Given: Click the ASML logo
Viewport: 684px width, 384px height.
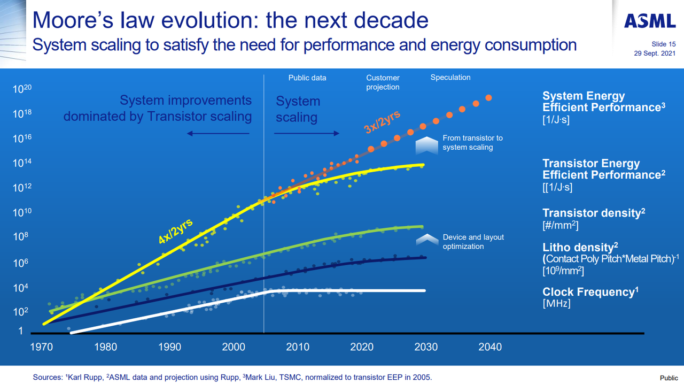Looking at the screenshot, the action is (x=650, y=21).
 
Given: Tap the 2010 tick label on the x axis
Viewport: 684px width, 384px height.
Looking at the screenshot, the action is (x=298, y=347).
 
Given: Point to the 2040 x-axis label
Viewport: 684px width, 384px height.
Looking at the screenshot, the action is (x=490, y=347).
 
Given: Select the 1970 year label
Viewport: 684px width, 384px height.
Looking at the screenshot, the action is (x=42, y=347).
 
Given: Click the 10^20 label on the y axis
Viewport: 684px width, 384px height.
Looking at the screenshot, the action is (x=22, y=89).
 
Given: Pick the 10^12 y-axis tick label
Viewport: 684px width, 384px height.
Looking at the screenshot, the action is (x=22, y=187).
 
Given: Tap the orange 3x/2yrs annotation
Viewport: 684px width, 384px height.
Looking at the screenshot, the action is (x=382, y=122).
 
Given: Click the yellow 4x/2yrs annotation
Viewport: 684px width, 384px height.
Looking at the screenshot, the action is (x=176, y=231).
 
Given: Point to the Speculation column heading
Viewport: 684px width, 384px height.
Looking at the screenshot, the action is (x=450, y=78).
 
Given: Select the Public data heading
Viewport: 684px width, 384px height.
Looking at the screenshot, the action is (x=307, y=78).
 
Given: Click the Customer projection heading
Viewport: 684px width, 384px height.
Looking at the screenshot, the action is (x=383, y=82).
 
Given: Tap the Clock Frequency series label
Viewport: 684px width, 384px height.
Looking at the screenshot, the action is (x=590, y=291).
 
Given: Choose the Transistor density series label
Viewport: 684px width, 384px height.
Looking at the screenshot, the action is (x=594, y=213).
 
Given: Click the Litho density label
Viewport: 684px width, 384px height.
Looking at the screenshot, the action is (x=580, y=247).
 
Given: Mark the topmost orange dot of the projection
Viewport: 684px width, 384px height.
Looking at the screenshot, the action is (x=488, y=98).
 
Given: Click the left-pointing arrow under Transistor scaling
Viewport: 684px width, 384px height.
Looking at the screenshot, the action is (x=218, y=133).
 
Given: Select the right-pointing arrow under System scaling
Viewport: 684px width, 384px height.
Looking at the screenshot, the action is (x=307, y=133).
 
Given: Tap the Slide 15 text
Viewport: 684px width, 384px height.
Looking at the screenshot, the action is (x=664, y=44).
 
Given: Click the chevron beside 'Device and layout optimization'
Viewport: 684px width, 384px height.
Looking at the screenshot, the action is (x=427, y=240).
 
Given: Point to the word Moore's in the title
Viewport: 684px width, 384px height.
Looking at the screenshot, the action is (x=73, y=20).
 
